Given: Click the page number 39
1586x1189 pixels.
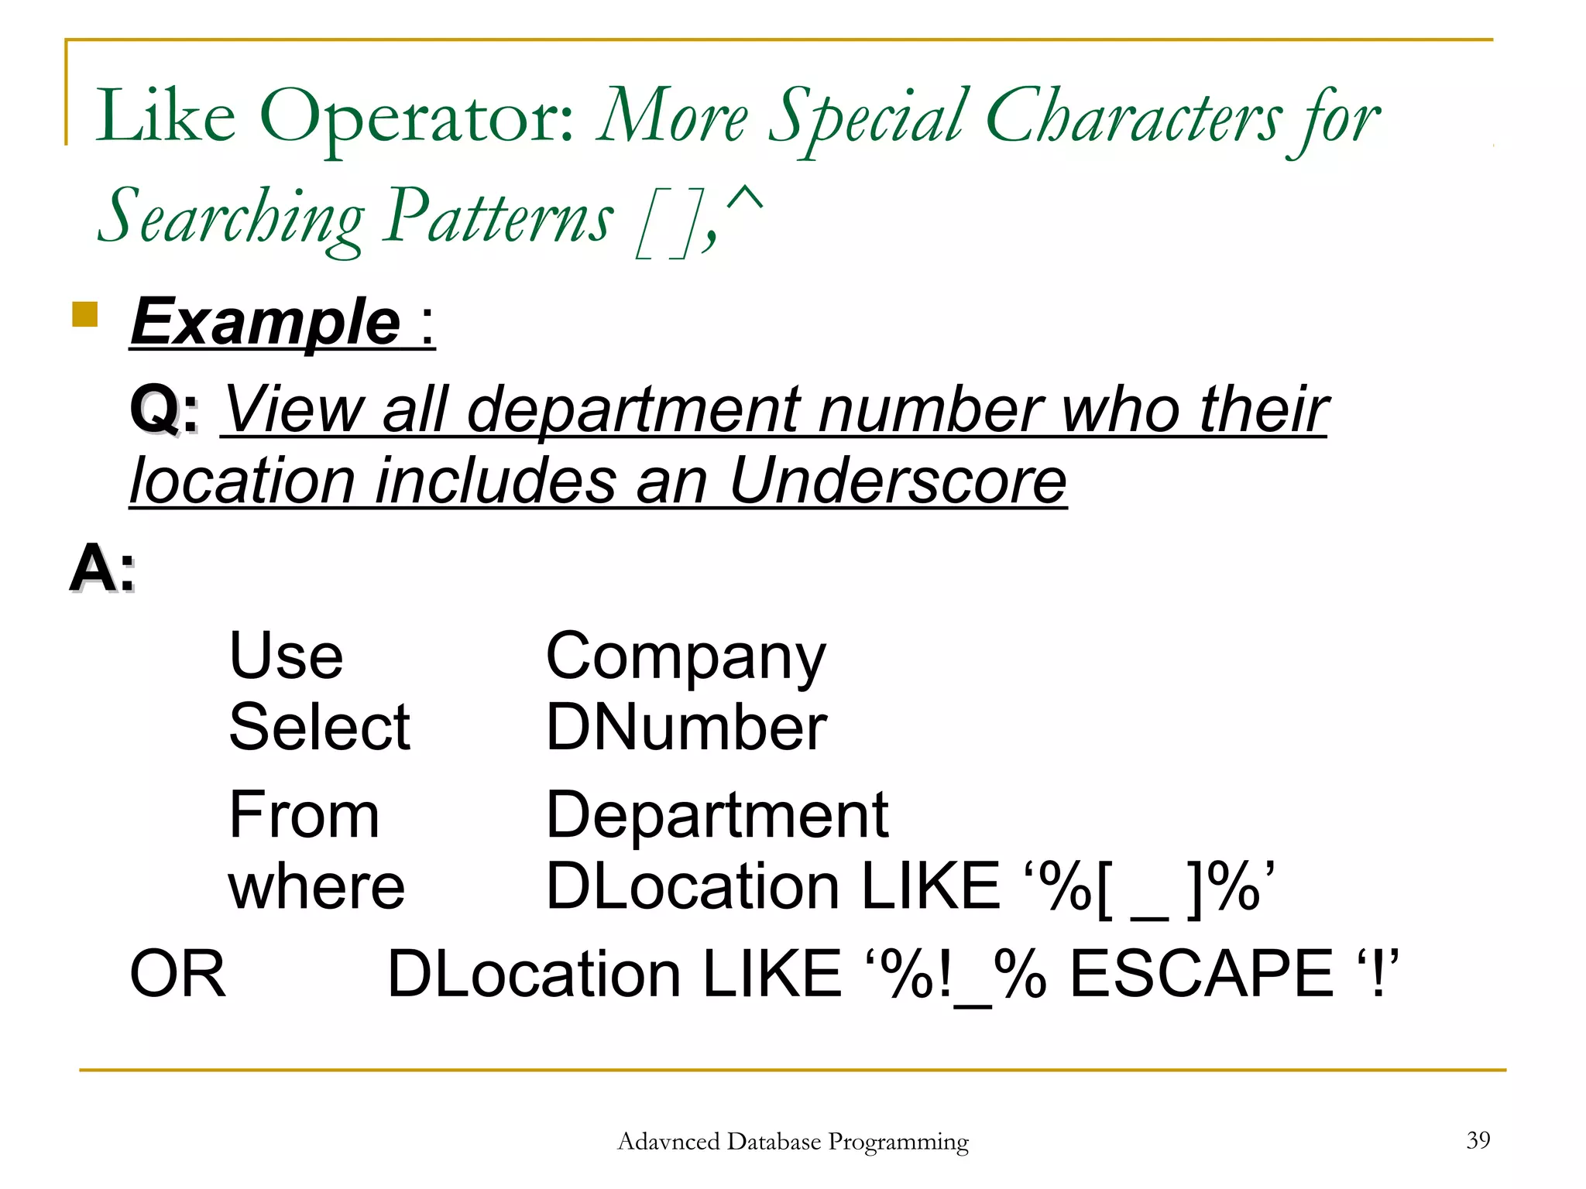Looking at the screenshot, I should [x=1478, y=1139].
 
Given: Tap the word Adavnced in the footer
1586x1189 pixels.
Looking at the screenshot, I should [x=668, y=1142].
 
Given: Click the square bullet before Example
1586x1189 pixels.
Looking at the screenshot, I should [x=84, y=314].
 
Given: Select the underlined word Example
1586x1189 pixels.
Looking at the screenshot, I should [x=266, y=323].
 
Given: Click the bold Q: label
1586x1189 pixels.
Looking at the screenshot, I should [x=164, y=409].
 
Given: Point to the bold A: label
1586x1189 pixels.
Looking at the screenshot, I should [x=102, y=568].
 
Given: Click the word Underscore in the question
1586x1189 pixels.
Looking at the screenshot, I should [x=898, y=481].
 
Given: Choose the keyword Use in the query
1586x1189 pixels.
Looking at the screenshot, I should [x=286, y=656].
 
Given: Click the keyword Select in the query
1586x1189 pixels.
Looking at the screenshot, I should [x=319, y=728].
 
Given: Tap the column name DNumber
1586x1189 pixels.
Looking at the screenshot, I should [x=686, y=728].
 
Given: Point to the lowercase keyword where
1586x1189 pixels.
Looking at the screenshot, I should [x=316, y=887].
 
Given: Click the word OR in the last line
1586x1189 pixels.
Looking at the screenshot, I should [x=177, y=974].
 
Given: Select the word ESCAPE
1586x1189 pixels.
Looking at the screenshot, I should [x=1201, y=974].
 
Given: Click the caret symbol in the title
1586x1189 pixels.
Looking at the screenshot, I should [x=745, y=200].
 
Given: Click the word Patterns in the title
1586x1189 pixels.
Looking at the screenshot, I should [x=499, y=218].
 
